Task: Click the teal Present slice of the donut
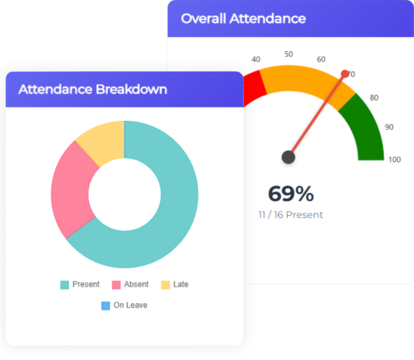(x=176, y=199)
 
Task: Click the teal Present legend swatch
(x=65, y=285)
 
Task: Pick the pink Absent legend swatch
(x=116, y=285)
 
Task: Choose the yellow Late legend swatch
(x=166, y=285)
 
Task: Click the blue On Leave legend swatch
(x=106, y=306)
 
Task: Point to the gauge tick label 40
(x=256, y=59)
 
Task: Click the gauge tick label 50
(x=289, y=54)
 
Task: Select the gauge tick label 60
(x=321, y=59)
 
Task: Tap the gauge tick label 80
(x=374, y=98)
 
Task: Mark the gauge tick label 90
(x=389, y=127)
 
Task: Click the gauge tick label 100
(x=395, y=160)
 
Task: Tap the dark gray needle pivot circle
(x=288, y=157)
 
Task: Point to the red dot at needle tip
(x=345, y=74)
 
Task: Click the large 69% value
(x=291, y=194)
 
